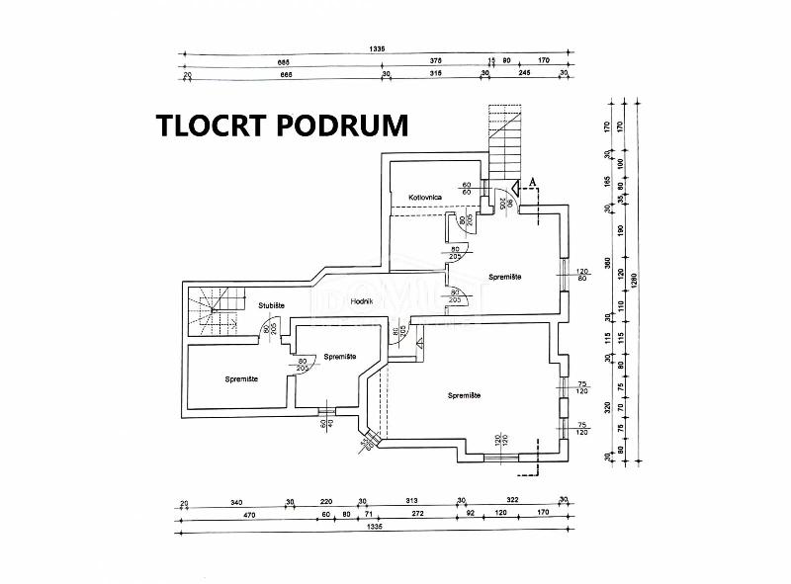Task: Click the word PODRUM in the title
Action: pos(342,126)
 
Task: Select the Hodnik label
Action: pos(362,301)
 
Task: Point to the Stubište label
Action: pos(272,306)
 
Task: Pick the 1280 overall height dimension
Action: pos(635,280)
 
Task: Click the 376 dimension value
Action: pos(436,60)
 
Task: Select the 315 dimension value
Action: pos(435,73)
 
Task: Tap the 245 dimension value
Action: pos(525,73)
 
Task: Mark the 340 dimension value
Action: pos(236,503)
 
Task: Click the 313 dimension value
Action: pos(411,503)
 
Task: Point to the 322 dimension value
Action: pos(512,503)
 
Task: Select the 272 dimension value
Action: pos(418,515)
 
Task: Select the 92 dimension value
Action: pos(472,515)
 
